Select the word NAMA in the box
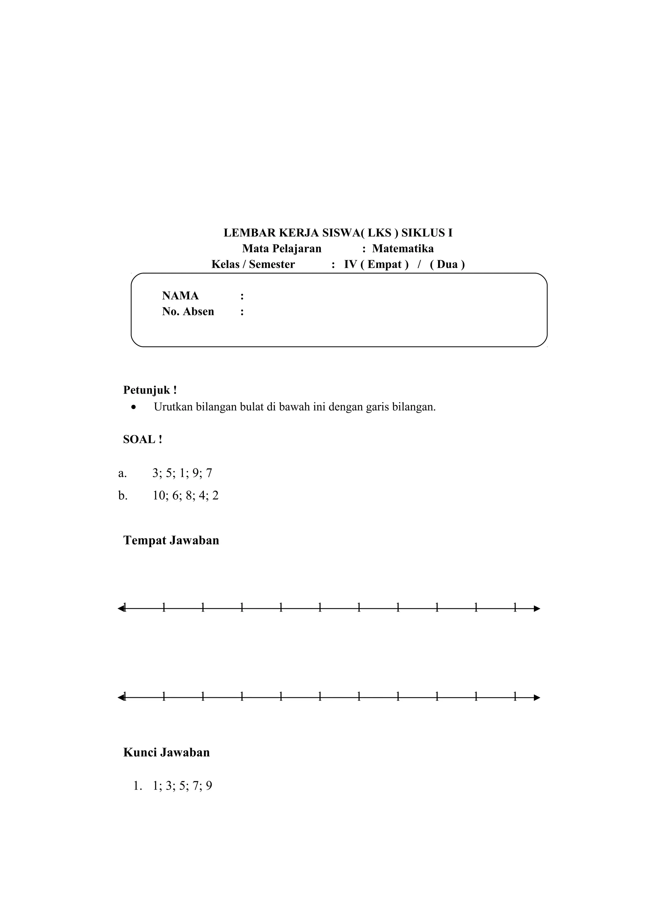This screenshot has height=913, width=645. tap(180, 296)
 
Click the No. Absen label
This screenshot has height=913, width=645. tap(188, 311)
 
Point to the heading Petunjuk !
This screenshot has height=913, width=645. tap(150, 390)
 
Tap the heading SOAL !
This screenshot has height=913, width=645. tap(142, 439)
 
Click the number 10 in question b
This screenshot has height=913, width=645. tap(159, 496)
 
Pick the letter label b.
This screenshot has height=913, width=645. tap(123, 496)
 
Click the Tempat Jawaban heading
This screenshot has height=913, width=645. tap(171, 540)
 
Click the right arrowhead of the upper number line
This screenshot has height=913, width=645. tap(537, 608)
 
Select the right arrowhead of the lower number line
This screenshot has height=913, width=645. tap(537, 698)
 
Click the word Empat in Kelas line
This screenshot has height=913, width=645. tap(384, 264)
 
